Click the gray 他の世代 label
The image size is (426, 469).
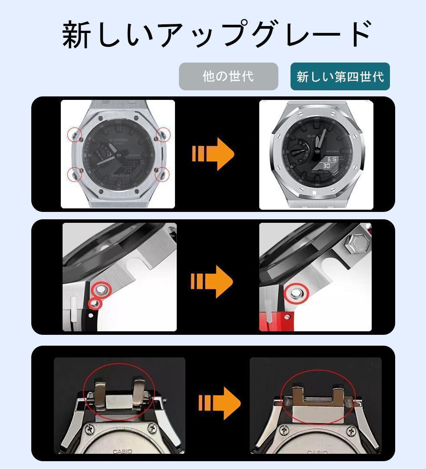(x=228, y=76)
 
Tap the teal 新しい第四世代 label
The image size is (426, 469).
(x=340, y=76)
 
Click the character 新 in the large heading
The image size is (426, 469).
(x=77, y=35)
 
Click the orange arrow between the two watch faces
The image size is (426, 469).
(x=213, y=154)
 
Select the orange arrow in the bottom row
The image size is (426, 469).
(x=219, y=403)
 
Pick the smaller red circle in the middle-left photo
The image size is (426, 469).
(x=95, y=303)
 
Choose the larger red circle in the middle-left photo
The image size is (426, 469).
(x=103, y=289)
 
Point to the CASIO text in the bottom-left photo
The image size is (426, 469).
(x=122, y=452)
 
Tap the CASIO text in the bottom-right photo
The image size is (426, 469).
(x=317, y=452)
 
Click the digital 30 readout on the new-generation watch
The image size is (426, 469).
(x=327, y=166)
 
